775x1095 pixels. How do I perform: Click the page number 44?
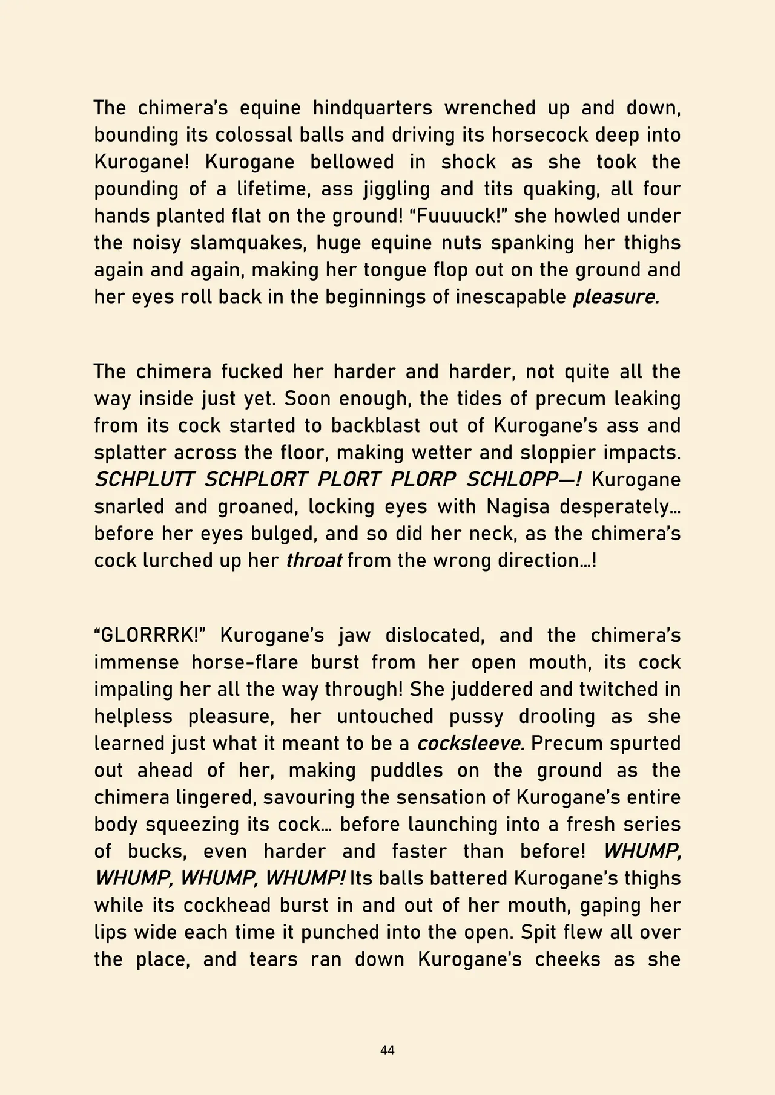[x=387, y=1051]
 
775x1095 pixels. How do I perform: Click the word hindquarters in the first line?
[x=372, y=108]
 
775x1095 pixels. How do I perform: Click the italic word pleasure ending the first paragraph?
[x=616, y=297]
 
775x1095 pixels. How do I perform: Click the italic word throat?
[x=314, y=561]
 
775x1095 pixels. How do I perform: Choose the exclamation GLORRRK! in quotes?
[x=151, y=636]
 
